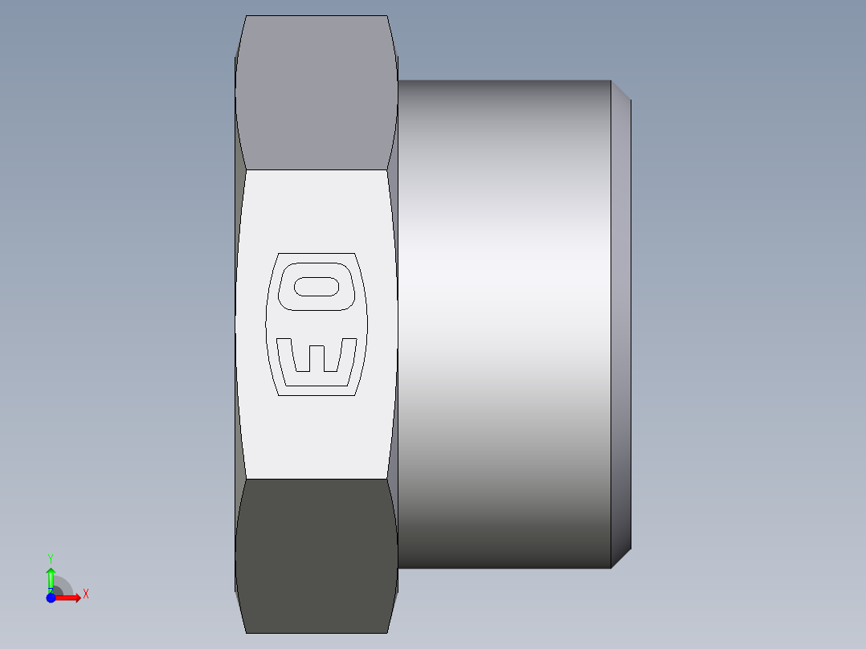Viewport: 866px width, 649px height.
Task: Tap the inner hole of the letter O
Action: (317, 286)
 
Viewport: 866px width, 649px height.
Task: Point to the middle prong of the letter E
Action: (317, 357)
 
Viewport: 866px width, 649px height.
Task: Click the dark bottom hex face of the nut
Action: (317, 554)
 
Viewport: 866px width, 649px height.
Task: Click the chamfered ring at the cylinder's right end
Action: (620, 321)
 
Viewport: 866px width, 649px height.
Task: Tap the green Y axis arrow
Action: (51, 577)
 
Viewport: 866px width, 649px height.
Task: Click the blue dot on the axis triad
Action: (51, 598)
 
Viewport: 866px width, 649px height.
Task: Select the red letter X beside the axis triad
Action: (86, 594)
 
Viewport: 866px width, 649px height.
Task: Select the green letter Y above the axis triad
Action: (51, 557)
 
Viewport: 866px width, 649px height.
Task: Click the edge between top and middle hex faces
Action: (317, 169)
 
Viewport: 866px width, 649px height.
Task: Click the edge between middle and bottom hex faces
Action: (317, 480)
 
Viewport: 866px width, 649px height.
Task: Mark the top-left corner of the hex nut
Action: (246, 16)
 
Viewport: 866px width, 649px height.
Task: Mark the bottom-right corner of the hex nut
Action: (388, 632)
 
